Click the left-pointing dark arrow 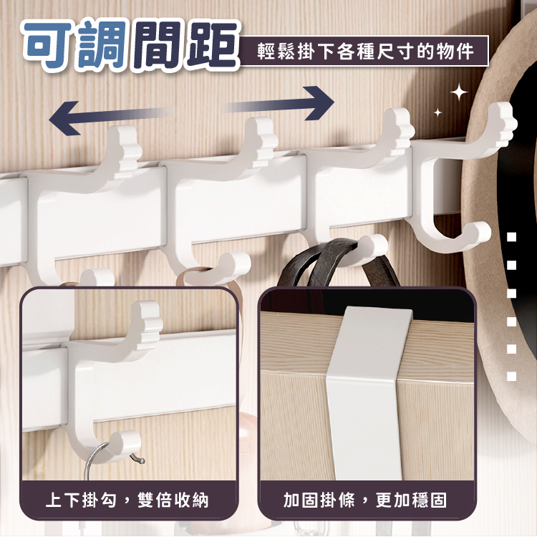(x=106, y=117)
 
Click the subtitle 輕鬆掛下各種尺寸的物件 (x=365, y=52)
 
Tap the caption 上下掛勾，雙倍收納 (x=127, y=500)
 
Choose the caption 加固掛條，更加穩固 (x=365, y=500)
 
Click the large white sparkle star (x=459, y=92)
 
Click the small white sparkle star (x=437, y=112)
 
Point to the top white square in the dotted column (x=511, y=237)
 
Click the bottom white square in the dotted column (x=511, y=377)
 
